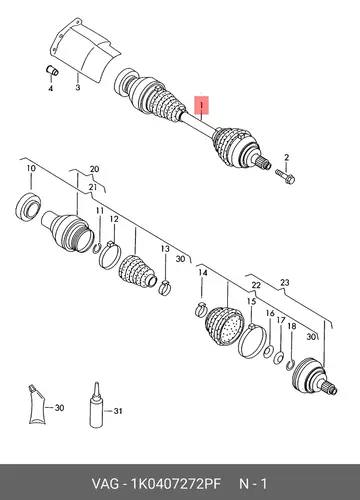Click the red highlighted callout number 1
click(x=202, y=105)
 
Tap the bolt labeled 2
click(x=285, y=176)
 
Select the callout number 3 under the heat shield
click(x=78, y=88)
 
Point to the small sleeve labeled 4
click(x=52, y=70)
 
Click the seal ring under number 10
click(x=28, y=207)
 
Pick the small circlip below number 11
click(x=97, y=249)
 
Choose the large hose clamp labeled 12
click(x=109, y=255)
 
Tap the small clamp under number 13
click(x=164, y=288)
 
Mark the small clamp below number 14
click(x=201, y=310)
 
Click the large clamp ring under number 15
click(x=252, y=341)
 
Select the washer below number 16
click(x=269, y=351)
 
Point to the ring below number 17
click(x=279, y=358)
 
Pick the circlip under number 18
click(x=290, y=365)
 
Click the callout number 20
click(x=94, y=169)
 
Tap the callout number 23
click(x=285, y=283)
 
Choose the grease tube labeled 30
click(x=36, y=405)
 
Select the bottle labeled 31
click(x=97, y=405)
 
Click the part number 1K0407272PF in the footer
click(x=176, y=484)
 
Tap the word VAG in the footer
click(x=105, y=484)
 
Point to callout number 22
click(x=256, y=285)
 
